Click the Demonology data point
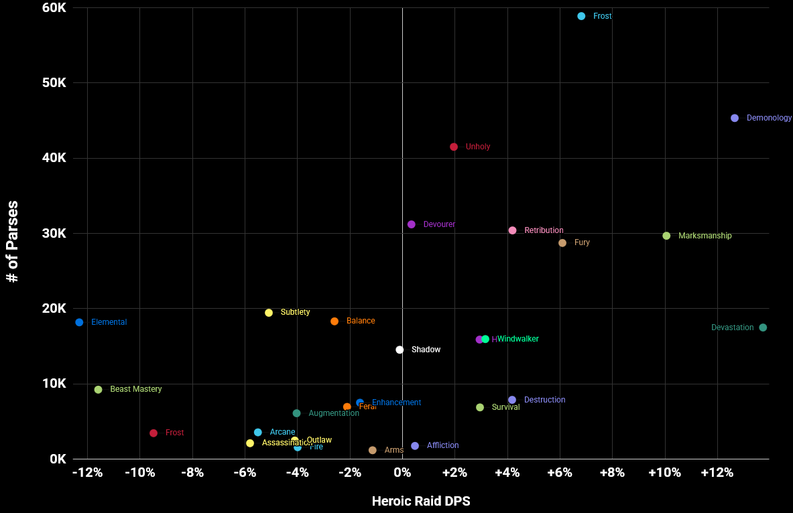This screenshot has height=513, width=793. (x=735, y=118)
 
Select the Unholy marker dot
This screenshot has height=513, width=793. (x=454, y=147)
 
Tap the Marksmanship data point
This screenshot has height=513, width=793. (x=666, y=236)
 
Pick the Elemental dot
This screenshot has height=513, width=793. (x=79, y=322)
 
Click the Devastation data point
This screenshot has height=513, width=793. (x=763, y=327)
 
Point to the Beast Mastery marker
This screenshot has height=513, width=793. (x=98, y=390)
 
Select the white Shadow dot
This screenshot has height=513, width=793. (x=400, y=350)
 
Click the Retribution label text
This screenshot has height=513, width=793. (x=544, y=230)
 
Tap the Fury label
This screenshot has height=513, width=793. (x=582, y=242)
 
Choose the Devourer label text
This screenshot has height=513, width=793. (x=439, y=224)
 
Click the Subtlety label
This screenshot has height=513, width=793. (x=295, y=312)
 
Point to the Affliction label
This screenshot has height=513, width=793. (x=442, y=445)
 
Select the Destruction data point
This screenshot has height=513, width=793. (x=512, y=400)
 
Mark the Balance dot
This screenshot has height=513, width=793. (x=334, y=321)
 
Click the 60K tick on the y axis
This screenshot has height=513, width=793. (x=53, y=8)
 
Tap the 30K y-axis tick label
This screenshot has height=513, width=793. (x=53, y=233)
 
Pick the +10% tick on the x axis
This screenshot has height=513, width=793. (x=664, y=473)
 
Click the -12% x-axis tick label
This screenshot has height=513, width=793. (x=87, y=473)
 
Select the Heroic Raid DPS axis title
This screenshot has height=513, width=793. (x=421, y=501)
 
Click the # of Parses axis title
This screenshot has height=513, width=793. (x=12, y=241)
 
